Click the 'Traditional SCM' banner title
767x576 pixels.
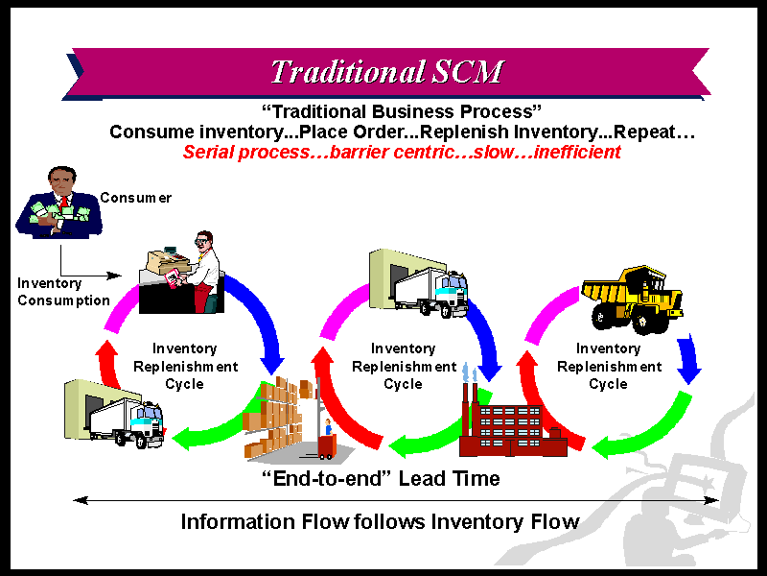coord(386,72)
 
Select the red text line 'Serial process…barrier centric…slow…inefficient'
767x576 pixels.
coord(402,152)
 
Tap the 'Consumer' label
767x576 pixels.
coord(135,198)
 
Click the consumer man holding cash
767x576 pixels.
coord(59,203)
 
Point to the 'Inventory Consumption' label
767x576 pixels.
coord(63,292)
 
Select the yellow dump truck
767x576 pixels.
coord(632,300)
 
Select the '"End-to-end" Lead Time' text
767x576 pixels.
coord(381,478)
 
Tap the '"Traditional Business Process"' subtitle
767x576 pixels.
coord(402,111)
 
